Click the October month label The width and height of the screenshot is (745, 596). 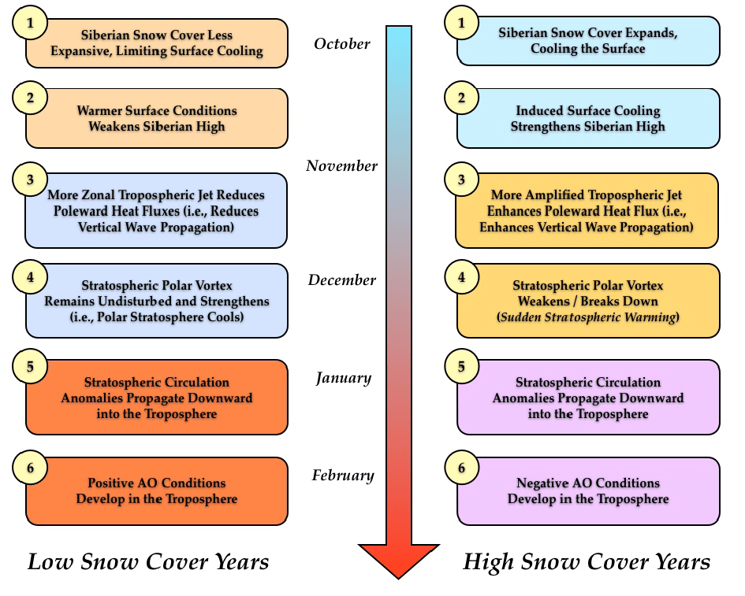click(x=342, y=44)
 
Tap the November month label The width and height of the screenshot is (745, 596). click(x=342, y=166)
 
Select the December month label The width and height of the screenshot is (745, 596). click(x=342, y=280)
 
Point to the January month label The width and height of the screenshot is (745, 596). click(x=343, y=378)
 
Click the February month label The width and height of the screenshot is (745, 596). click(x=343, y=476)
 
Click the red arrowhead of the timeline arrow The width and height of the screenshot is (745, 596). click(x=398, y=559)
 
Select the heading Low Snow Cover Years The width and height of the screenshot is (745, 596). click(x=148, y=562)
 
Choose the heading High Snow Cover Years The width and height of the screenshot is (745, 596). click(x=587, y=562)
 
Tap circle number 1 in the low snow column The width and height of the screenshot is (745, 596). click(x=30, y=24)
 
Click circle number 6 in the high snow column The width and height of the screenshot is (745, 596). click(x=462, y=469)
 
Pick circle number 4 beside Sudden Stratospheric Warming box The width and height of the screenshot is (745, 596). click(x=462, y=277)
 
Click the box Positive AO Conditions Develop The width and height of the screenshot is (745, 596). click(x=157, y=491)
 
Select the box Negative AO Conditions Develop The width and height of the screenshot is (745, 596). click(x=588, y=491)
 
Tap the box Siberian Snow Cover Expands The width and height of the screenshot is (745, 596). click(x=588, y=41)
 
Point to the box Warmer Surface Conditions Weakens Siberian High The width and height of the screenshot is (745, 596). click(x=157, y=118)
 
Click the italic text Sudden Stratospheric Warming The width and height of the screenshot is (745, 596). click(x=588, y=317)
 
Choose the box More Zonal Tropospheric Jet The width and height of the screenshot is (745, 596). click(x=157, y=210)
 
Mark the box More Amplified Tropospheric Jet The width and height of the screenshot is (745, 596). click(x=588, y=210)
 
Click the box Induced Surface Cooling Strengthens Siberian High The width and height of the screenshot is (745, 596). click(x=588, y=118)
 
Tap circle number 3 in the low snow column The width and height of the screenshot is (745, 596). click(x=30, y=180)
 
